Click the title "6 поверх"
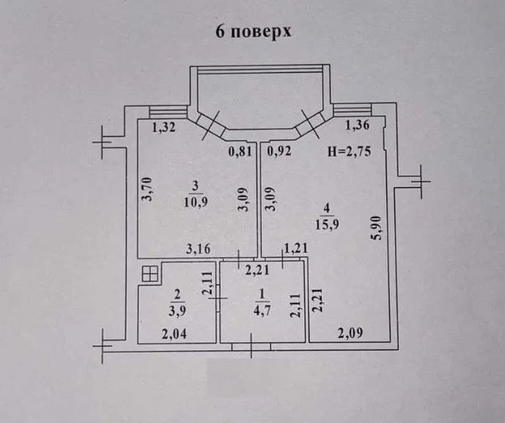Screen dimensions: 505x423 click(x=253, y=32)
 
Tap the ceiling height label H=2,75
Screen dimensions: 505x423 click(x=349, y=151)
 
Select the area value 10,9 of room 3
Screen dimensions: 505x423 click(x=196, y=202)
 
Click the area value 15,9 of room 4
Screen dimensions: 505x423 click(x=327, y=224)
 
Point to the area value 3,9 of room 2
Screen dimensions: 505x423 click(x=177, y=311)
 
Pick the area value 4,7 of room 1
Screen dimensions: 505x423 click(x=262, y=310)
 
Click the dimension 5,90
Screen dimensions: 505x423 click(x=377, y=228)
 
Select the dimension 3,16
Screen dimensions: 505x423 click(x=199, y=249)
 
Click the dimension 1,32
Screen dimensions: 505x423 click(x=163, y=128)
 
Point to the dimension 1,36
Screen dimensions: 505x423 click(x=357, y=125)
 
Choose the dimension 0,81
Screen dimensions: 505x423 click(x=240, y=151)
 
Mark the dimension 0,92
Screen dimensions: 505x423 click(x=279, y=151)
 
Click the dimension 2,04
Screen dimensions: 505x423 click(x=174, y=334)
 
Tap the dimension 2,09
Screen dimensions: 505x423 click(x=350, y=333)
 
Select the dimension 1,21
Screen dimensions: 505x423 click(x=295, y=248)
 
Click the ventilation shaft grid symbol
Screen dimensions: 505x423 click(x=150, y=274)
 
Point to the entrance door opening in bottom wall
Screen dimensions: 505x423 click(x=251, y=347)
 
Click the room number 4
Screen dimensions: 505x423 click(x=327, y=209)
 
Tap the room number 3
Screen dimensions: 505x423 click(x=196, y=187)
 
